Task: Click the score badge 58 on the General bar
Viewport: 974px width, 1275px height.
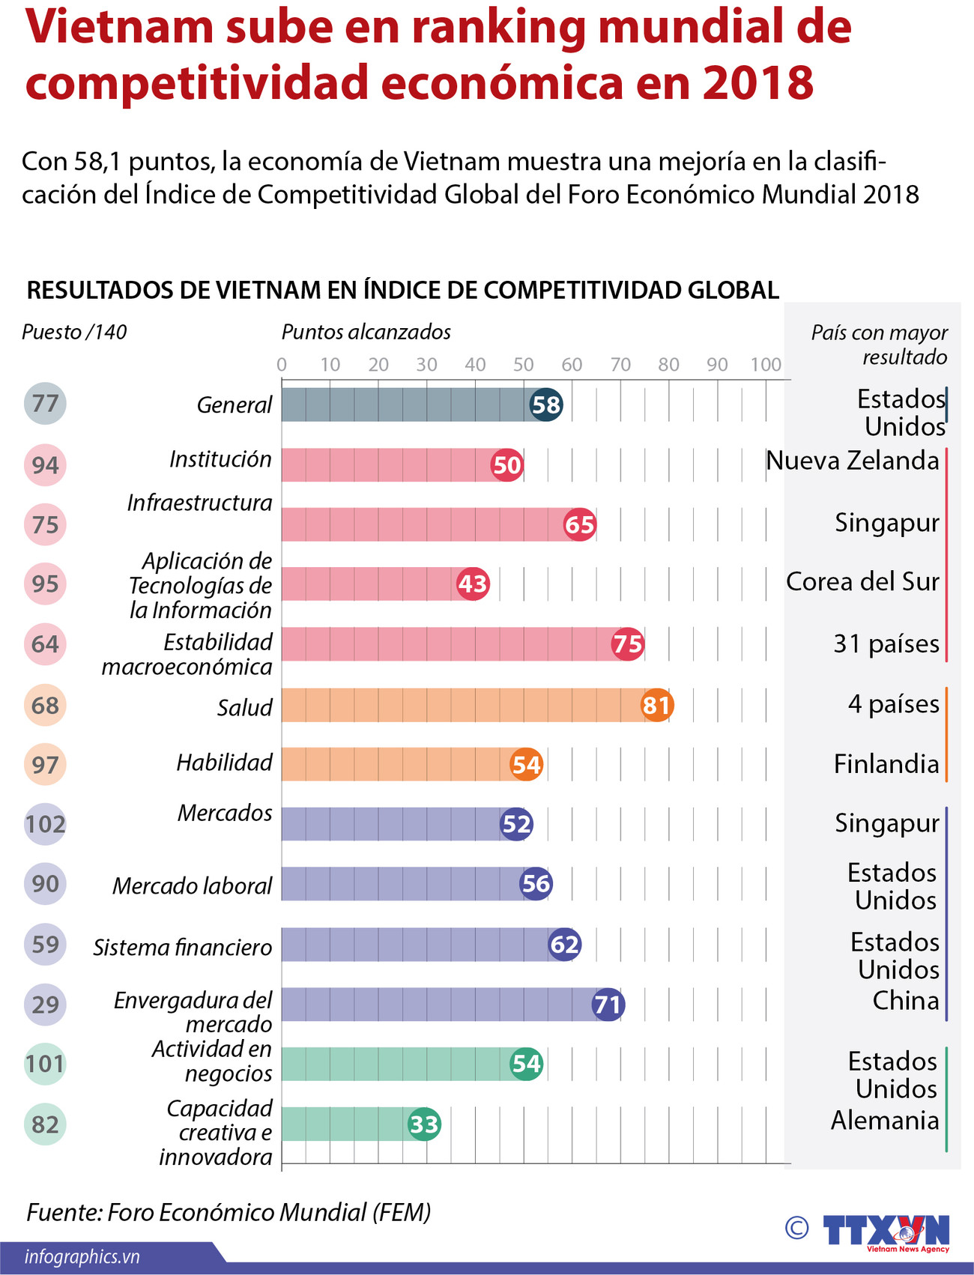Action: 545,405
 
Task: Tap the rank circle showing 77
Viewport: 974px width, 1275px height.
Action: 45,404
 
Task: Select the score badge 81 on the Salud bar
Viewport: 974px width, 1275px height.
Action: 656,705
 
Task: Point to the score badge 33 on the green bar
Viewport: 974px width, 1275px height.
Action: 424,1124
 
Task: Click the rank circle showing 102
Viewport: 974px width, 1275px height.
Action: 45,824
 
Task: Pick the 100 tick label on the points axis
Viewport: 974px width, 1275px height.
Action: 766,364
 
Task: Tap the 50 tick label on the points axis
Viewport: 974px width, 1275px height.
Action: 523,364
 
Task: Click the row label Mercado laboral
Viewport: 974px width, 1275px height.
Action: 192,885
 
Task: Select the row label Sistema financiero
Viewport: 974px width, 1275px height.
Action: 182,947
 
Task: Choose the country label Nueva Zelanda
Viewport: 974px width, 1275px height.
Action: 852,460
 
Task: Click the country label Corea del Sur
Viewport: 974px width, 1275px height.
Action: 862,581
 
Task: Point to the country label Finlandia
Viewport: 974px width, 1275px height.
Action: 886,763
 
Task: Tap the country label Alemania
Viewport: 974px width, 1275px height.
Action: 884,1120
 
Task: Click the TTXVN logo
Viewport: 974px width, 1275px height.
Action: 886,1232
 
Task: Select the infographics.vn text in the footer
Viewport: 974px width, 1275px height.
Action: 82,1256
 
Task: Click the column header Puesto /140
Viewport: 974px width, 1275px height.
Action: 74,332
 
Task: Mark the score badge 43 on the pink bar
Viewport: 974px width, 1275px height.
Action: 473,584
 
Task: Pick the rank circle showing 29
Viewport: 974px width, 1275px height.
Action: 45,1004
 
